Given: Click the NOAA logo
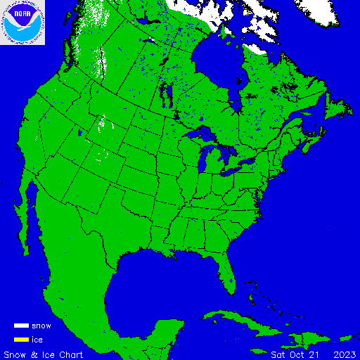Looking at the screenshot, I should [x=22, y=22].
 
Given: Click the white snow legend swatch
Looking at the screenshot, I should [x=21, y=326].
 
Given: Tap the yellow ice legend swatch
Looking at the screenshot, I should [x=21, y=340].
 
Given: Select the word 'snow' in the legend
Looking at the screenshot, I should [x=41, y=326].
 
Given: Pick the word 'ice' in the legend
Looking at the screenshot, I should [x=37, y=340].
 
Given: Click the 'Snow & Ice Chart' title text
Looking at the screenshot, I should [x=44, y=354].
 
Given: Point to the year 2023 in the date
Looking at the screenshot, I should [x=345, y=354].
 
